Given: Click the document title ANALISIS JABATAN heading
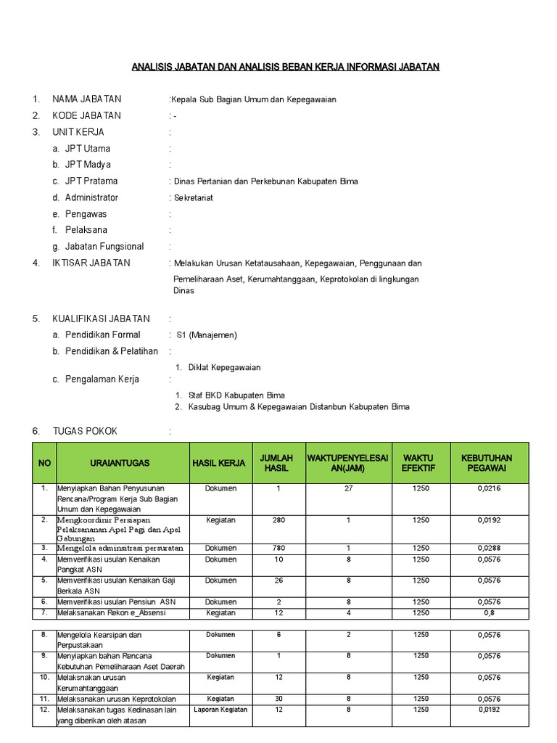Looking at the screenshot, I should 285,67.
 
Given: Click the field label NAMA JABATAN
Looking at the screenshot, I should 86,99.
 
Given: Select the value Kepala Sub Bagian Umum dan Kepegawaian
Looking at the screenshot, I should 254,99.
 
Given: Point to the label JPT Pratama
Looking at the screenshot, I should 91,181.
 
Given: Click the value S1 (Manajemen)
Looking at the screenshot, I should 207,335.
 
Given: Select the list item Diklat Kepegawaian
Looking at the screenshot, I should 224,368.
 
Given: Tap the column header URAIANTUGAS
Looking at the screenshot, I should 120,463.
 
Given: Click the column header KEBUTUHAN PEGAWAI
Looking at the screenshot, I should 486,463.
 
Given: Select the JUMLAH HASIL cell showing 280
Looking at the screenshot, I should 278,520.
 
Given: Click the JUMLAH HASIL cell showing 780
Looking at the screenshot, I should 278,548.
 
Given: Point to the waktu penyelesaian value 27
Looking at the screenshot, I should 348,488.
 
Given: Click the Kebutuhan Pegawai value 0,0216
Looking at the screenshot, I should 489,488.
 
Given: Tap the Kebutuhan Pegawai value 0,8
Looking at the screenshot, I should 489,613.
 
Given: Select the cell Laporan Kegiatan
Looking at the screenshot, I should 220,710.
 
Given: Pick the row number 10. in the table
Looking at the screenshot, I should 44,677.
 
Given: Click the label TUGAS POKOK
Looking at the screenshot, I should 84,431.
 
